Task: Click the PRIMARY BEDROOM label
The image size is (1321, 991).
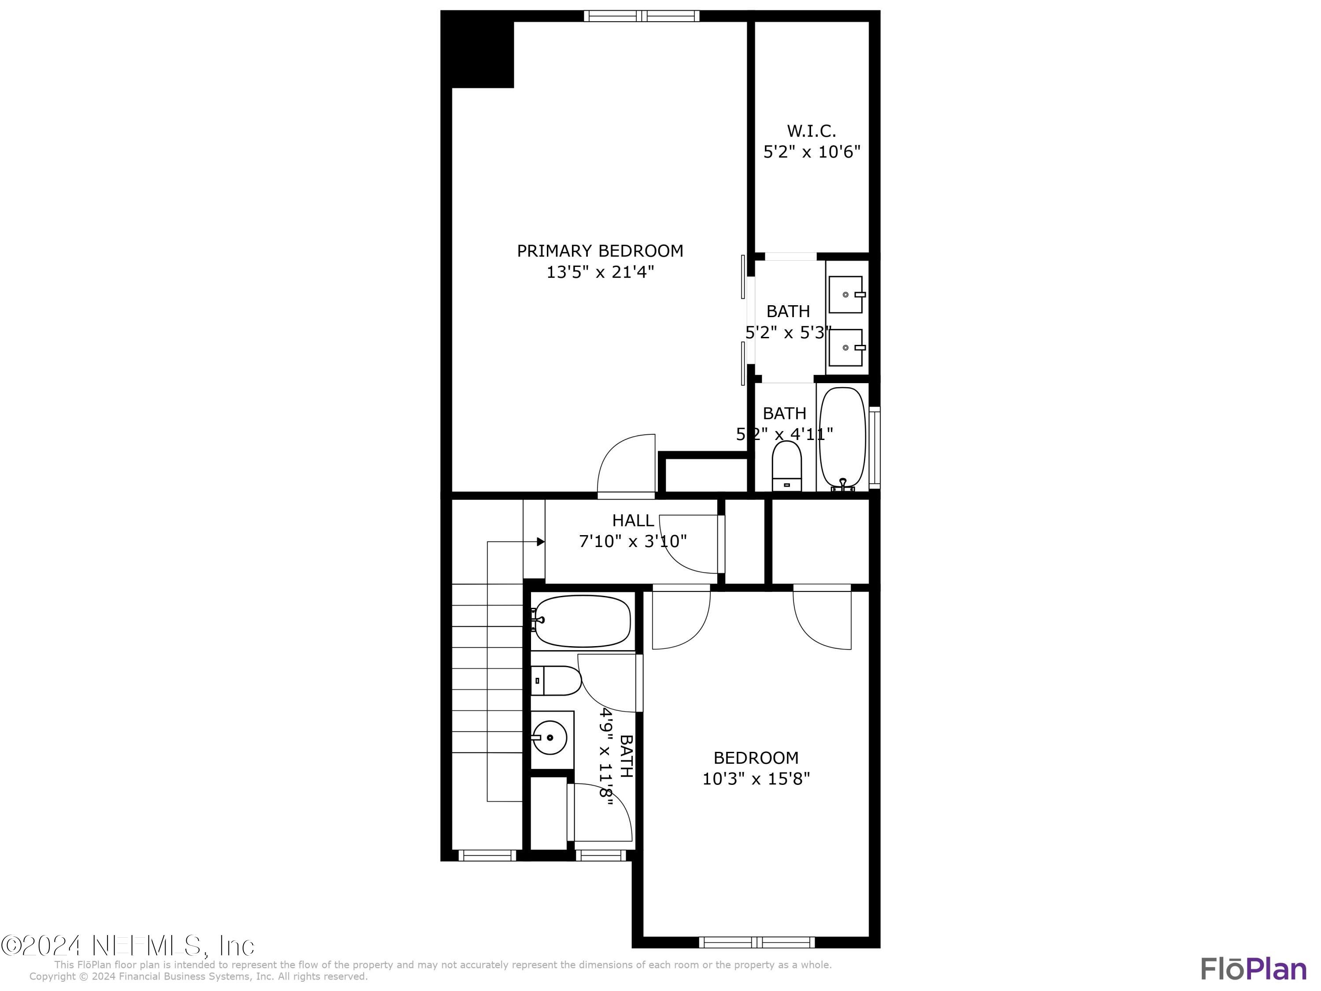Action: [600, 251]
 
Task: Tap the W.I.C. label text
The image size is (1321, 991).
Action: [811, 131]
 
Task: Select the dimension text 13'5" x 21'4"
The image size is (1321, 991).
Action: [600, 272]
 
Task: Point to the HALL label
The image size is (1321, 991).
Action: [633, 520]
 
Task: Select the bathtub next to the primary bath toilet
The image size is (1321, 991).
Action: [842, 439]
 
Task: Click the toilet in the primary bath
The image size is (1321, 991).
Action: [786, 466]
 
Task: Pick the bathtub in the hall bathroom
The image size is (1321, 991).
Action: [582, 621]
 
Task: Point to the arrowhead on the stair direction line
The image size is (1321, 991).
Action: [540, 542]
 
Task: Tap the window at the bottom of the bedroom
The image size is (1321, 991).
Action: [756, 943]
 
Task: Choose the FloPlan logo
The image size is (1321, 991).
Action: [1254, 969]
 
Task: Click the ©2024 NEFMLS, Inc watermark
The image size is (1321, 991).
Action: [127, 946]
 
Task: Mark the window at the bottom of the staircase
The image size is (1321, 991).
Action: [487, 855]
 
